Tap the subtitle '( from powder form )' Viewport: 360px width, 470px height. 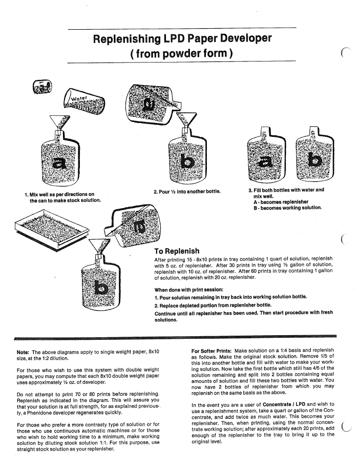click(x=182, y=53)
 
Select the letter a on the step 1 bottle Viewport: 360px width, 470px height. click(x=61, y=163)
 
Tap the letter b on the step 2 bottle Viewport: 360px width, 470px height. click(x=188, y=162)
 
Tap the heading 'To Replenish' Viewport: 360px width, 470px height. click(x=177, y=251)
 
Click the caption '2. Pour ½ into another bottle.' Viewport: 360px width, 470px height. click(x=187, y=192)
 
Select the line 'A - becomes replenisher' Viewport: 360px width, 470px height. click(x=281, y=202)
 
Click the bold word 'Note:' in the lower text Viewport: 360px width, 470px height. click(x=23, y=353)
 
